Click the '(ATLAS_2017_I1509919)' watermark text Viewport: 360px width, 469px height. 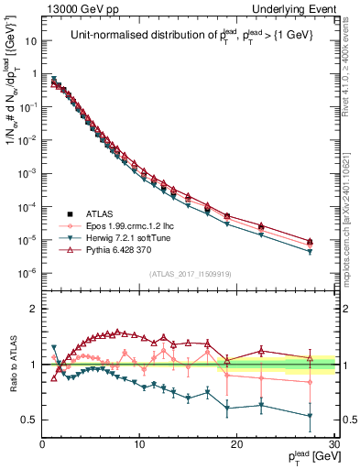tap(190, 272)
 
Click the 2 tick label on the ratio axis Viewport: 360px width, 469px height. tap(34, 309)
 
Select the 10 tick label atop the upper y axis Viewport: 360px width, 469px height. tap(30, 41)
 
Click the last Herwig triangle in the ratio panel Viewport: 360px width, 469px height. tap(310, 416)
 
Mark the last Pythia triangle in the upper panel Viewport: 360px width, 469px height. tap(310, 242)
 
